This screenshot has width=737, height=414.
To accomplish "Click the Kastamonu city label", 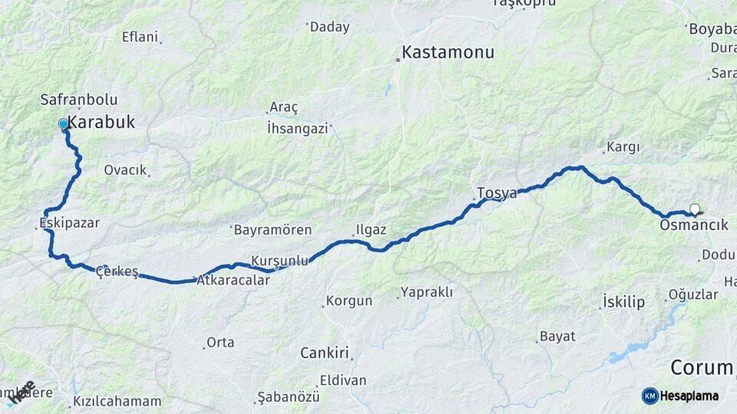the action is pos(448,53).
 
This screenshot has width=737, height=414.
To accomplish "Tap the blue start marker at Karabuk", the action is pos(64,123).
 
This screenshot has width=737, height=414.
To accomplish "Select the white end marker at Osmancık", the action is pos(695,209).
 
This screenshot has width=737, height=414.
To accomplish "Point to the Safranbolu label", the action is pos(78,100).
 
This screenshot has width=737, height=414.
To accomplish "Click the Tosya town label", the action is pos(497,192).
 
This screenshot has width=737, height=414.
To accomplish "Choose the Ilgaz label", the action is pos(371,229).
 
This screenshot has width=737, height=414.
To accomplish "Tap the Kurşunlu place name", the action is pos(280,260).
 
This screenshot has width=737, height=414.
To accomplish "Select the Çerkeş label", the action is pos(117,271).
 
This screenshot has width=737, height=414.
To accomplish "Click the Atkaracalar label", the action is pos(234,281).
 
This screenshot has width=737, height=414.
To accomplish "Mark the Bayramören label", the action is pos(273,229).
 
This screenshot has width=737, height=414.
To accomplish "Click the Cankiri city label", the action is pos(324,353).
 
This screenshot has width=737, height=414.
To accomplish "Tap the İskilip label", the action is pos(623,302).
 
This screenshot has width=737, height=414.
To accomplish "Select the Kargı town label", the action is pos(623,146).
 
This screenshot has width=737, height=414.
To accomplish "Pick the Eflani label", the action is pos(140,37).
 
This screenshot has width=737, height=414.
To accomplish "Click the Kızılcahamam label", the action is pos(117,401).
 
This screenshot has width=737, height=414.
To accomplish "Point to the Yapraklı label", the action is pos(426,292).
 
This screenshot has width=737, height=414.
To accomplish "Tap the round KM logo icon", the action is pos(649,396).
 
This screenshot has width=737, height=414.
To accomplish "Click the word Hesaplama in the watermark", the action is pos(689,396).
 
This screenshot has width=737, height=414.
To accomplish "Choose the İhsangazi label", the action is pos(297,128).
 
